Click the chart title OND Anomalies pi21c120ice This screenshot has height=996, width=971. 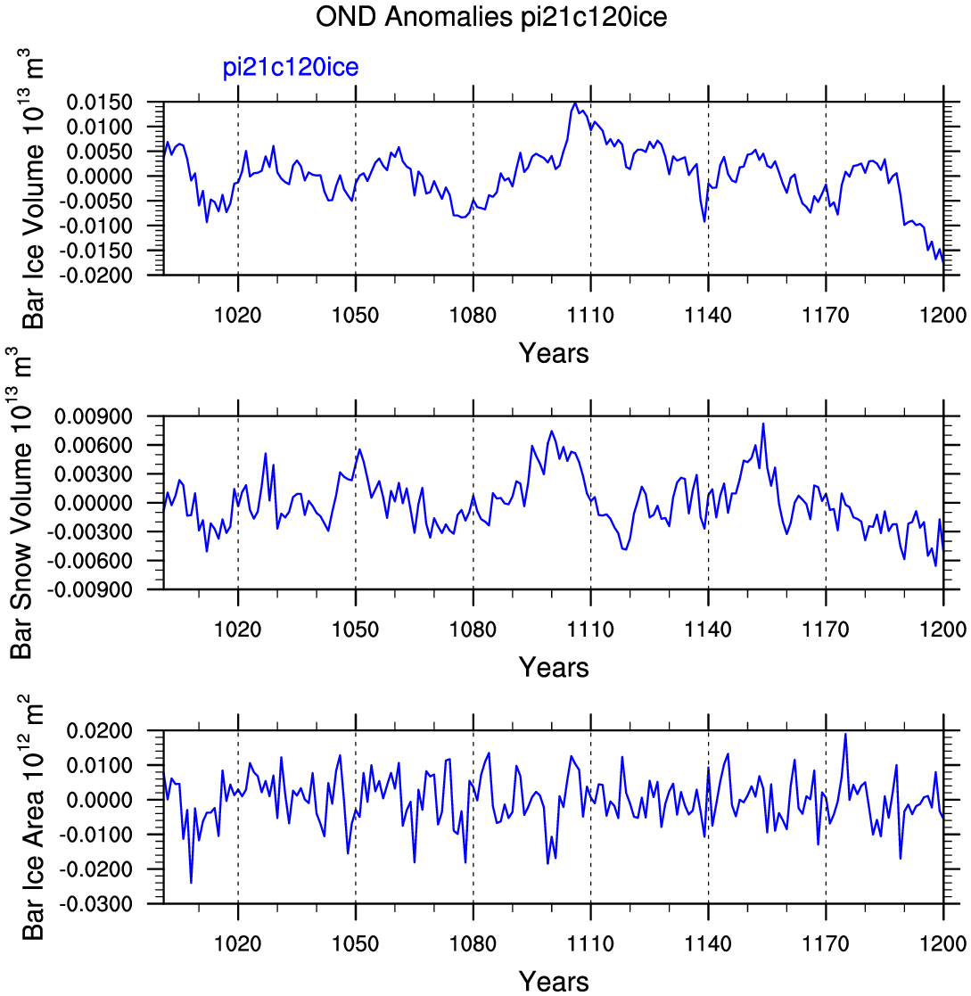[x=491, y=17]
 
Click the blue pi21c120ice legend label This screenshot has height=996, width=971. [x=290, y=68]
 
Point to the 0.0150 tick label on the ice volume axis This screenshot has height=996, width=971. [x=100, y=102]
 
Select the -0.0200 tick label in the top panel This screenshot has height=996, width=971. [x=96, y=275]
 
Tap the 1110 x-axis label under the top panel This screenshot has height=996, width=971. [x=590, y=315]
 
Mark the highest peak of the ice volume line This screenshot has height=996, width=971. [x=575, y=103]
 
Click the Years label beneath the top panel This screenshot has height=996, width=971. [x=554, y=353]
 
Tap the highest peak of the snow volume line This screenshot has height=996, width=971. [x=763, y=424]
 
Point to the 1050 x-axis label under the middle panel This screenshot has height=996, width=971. [x=355, y=630]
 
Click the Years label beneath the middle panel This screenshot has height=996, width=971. [x=554, y=668]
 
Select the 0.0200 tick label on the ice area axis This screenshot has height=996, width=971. [x=100, y=730]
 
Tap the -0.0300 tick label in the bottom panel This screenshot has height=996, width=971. [x=96, y=903]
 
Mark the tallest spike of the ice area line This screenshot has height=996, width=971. [x=845, y=735]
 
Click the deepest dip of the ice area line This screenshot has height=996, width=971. [x=191, y=882]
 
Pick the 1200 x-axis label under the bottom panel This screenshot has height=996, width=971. [x=943, y=943]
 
